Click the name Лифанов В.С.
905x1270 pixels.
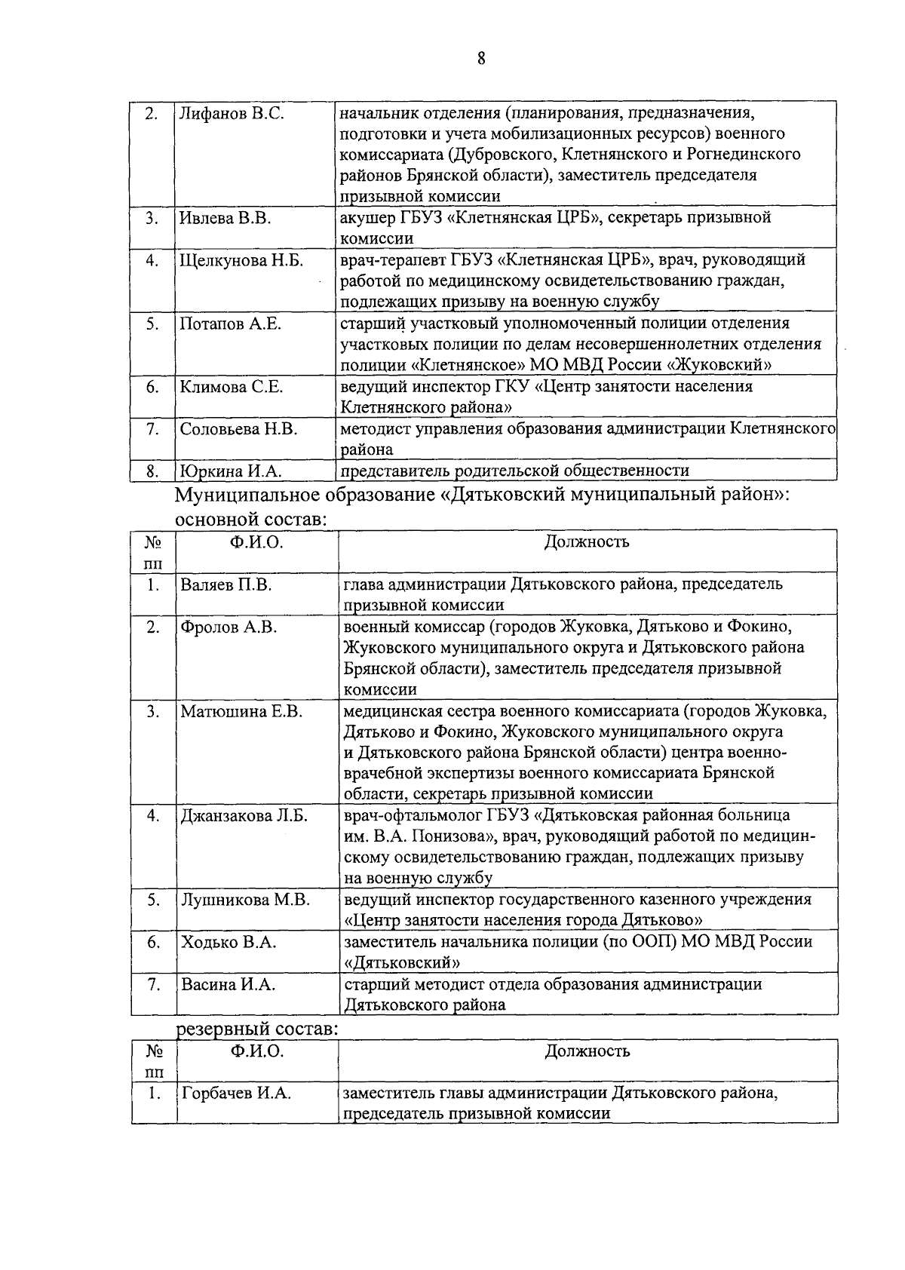(x=232, y=114)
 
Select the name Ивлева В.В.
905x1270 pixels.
(x=225, y=219)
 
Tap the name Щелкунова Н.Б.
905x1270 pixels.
(x=241, y=261)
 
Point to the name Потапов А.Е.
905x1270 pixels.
(x=230, y=324)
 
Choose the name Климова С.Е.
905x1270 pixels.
(x=232, y=388)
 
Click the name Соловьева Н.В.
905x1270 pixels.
(x=238, y=430)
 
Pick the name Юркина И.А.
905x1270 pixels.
(x=230, y=472)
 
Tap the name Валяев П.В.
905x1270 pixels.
(x=225, y=585)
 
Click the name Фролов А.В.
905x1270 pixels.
(x=229, y=627)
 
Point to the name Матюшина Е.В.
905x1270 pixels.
(x=241, y=712)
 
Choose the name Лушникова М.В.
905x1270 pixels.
(x=245, y=900)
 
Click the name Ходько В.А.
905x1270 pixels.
(x=228, y=943)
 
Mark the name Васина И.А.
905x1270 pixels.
(x=228, y=985)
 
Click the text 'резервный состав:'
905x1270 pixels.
(x=256, y=1029)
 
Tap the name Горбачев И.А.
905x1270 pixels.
(x=236, y=1094)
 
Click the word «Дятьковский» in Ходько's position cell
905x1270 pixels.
(x=402, y=963)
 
